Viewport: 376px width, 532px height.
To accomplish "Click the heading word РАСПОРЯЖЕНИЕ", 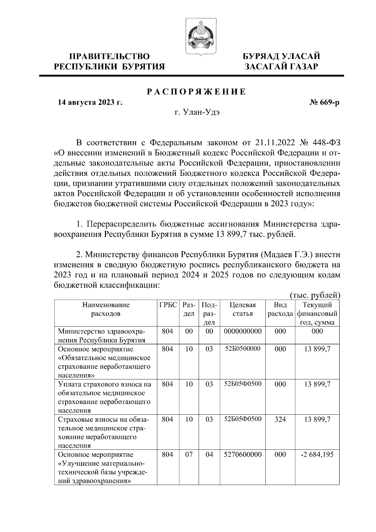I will (x=196, y=91).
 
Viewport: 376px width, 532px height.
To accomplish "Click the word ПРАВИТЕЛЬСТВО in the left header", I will (x=109, y=57).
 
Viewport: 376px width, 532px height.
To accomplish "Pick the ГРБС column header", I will (x=168, y=305).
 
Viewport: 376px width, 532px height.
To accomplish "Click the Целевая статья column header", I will (x=243, y=309).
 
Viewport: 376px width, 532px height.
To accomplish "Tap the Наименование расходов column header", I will (x=106, y=309).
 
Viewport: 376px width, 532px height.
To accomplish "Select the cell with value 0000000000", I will (x=243, y=331).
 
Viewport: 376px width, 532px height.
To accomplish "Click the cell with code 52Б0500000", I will (x=243, y=349).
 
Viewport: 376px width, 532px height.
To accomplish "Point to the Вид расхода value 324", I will (x=280, y=419).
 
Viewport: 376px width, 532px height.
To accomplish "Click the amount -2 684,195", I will (x=317, y=454).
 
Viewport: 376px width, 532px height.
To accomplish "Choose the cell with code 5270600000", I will (x=243, y=454).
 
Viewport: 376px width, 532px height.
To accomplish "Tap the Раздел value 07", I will (x=189, y=454).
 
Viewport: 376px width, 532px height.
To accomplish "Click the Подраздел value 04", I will (x=209, y=454).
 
